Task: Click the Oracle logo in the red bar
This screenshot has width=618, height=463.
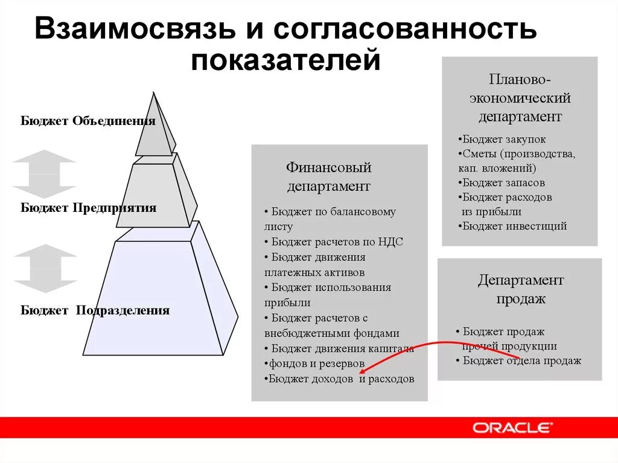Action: click(x=512, y=428)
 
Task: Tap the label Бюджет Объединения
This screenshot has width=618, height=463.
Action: click(x=88, y=121)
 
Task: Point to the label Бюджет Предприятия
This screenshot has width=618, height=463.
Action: click(x=89, y=208)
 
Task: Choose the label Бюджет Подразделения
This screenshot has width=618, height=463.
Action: click(x=95, y=311)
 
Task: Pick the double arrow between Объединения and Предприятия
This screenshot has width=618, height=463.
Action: click(x=45, y=174)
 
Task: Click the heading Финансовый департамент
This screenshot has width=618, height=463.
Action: click(x=328, y=176)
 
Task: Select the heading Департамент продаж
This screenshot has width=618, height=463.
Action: click(x=521, y=289)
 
